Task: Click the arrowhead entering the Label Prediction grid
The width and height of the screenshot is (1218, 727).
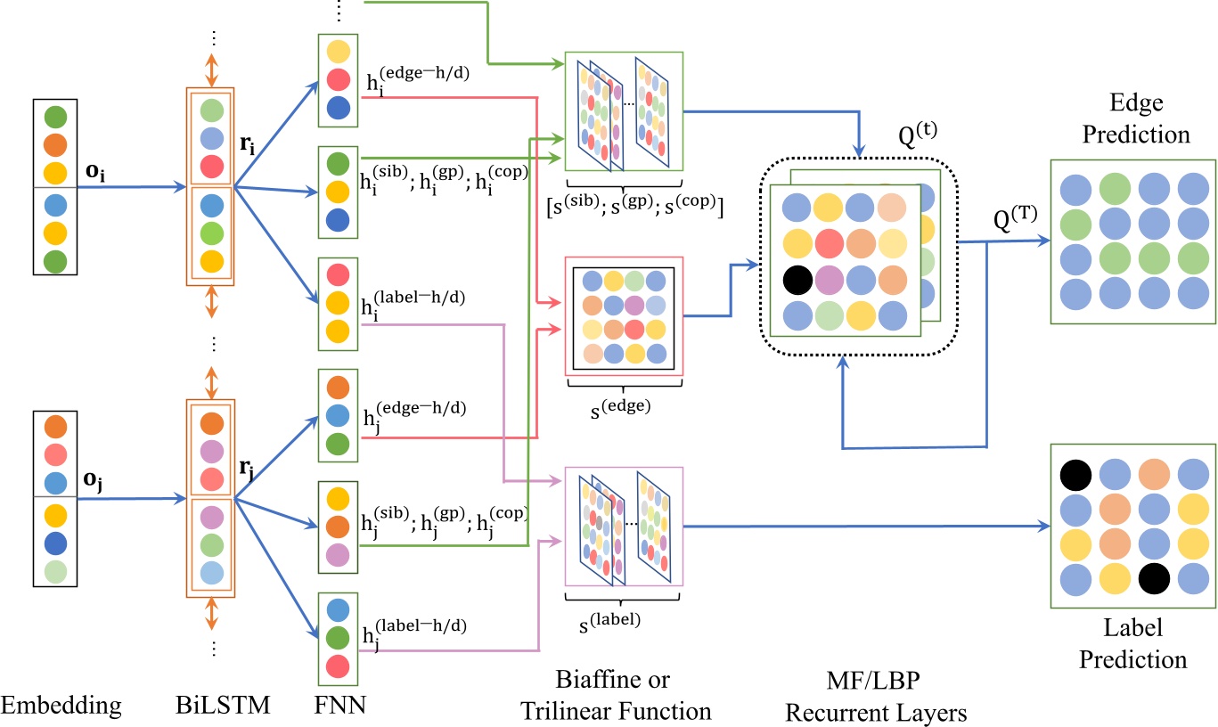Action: tap(1044, 526)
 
